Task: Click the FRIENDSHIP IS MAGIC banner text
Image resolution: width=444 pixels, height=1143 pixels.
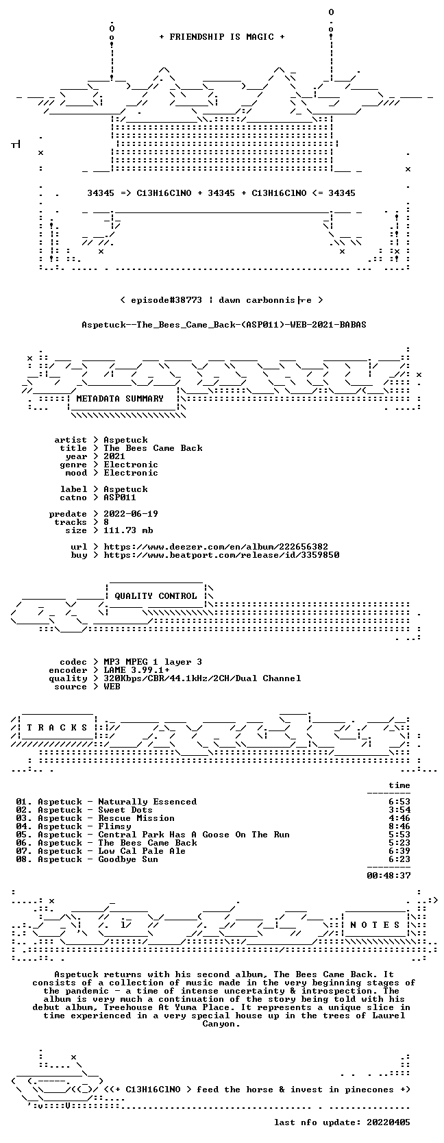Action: click(222, 37)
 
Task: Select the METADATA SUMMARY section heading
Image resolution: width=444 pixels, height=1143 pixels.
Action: click(120, 399)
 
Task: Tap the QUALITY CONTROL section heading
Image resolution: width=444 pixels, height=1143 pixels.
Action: click(156, 596)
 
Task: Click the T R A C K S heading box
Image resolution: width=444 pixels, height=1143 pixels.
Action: click(57, 728)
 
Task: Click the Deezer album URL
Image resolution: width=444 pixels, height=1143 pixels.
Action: click(216, 547)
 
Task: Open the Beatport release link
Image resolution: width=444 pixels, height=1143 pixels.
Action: click(221, 554)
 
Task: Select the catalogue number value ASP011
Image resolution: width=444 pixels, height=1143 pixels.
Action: click(120, 497)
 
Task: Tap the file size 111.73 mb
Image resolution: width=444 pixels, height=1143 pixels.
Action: click(128, 530)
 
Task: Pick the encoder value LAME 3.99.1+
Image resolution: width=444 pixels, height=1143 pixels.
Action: click(136, 670)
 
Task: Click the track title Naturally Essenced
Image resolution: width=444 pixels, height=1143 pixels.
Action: click(147, 802)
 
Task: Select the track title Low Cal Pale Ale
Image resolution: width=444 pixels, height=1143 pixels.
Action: click(142, 850)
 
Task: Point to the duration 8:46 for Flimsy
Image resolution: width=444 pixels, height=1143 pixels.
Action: click(399, 826)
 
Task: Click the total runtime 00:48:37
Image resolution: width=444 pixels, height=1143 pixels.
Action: click(388, 876)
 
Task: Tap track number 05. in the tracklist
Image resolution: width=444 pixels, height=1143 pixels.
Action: click(24, 834)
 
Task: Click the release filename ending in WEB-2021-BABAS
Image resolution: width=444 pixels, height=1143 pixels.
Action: click(224, 325)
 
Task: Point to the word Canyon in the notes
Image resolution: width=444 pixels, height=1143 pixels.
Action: click(221, 1024)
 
